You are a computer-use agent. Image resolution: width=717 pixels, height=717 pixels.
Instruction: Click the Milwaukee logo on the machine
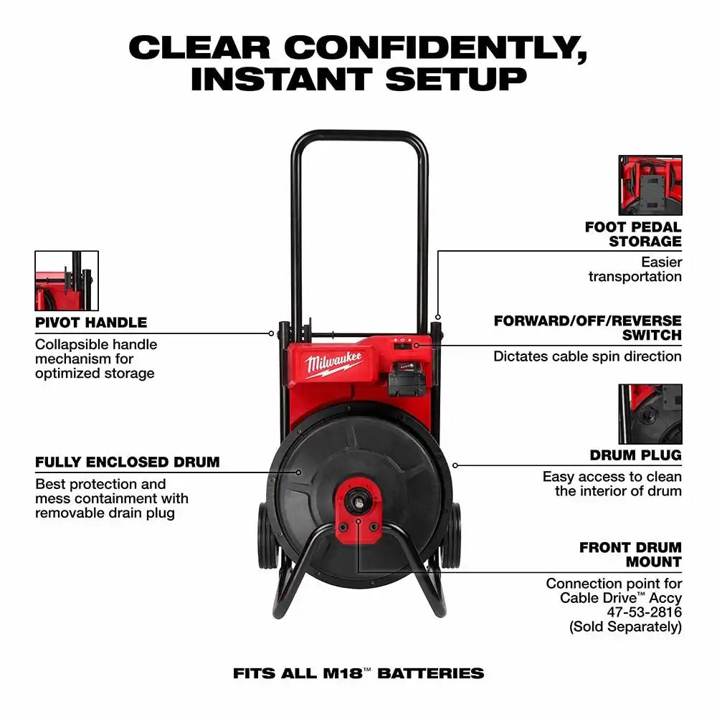334,364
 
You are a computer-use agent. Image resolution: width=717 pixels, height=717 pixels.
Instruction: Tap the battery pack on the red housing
407,378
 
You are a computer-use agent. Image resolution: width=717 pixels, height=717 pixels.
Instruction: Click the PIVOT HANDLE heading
91,323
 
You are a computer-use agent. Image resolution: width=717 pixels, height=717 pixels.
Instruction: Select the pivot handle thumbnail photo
67,281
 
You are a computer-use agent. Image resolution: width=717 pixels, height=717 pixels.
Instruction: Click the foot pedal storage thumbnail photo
650,185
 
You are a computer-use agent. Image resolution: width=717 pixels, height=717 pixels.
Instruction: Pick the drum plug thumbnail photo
650,414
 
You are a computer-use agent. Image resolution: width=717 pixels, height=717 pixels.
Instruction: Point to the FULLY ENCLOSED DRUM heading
127,462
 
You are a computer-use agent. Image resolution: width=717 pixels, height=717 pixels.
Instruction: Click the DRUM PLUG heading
635,455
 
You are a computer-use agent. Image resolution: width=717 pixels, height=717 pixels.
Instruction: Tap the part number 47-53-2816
644,612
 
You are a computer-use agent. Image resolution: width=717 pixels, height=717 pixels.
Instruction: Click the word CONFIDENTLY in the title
435,48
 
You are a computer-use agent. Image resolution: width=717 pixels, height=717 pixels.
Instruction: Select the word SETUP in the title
456,79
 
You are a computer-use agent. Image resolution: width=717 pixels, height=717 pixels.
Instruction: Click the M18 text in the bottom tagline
343,673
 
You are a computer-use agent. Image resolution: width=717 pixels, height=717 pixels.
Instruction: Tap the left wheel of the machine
266,535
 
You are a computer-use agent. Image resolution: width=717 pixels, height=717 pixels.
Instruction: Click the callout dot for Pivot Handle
271,333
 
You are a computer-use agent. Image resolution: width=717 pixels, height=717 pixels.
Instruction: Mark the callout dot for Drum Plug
455,465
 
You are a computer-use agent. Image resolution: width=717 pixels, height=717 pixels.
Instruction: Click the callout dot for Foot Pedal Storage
437,317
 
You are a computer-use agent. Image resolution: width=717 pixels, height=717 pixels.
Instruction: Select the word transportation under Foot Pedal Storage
635,276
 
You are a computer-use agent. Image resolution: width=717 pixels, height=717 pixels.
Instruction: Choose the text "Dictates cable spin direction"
587,356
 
